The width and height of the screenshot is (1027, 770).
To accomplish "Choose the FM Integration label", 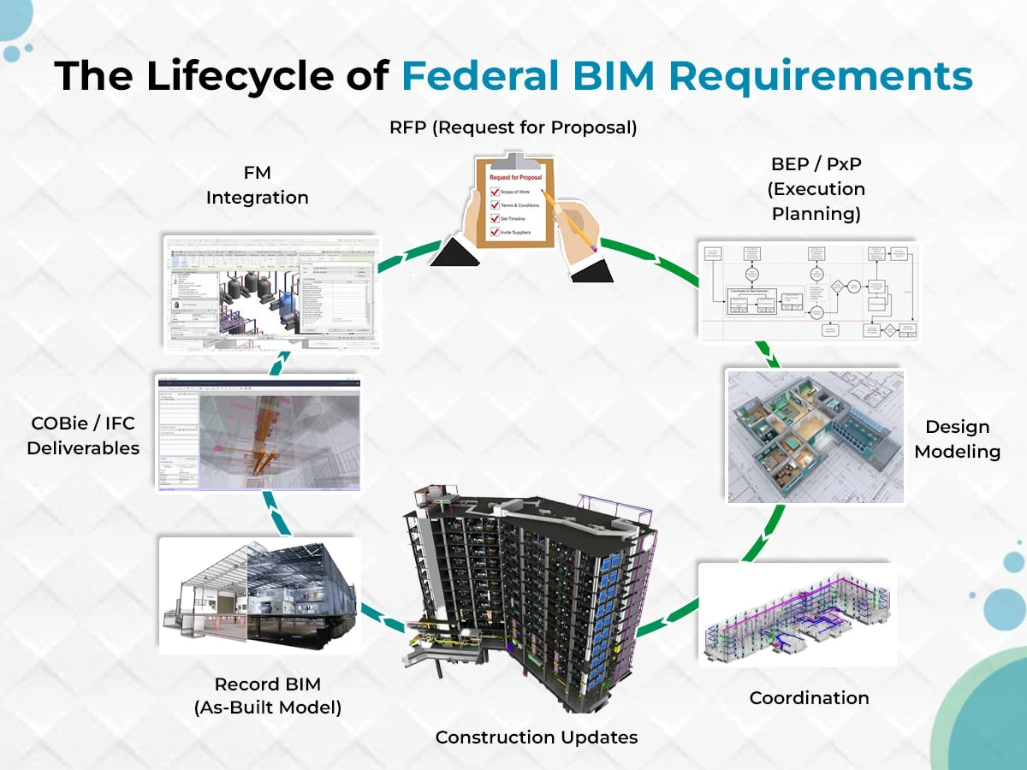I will (x=257, y=185).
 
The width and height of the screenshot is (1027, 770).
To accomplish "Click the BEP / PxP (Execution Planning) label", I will (x=816, y=188).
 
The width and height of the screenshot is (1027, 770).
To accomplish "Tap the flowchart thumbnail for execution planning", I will (x=809, y=292).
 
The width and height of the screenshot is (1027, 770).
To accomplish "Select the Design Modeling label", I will (x=957, y=438).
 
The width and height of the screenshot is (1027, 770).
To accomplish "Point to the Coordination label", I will (x=809, y=697).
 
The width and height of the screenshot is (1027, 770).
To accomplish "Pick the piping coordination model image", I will (x=797, y=614).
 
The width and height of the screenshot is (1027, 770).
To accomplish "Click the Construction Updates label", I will (x=537, y=737).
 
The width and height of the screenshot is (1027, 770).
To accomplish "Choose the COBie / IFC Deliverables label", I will (x=83, y=435).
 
